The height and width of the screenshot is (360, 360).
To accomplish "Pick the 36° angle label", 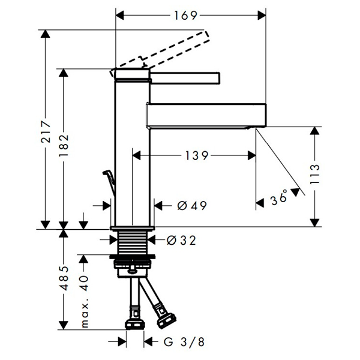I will pyautogui.click(x=278, y=197).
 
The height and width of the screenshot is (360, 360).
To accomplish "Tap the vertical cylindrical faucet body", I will pyautogui.click(x=131, y=150).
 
